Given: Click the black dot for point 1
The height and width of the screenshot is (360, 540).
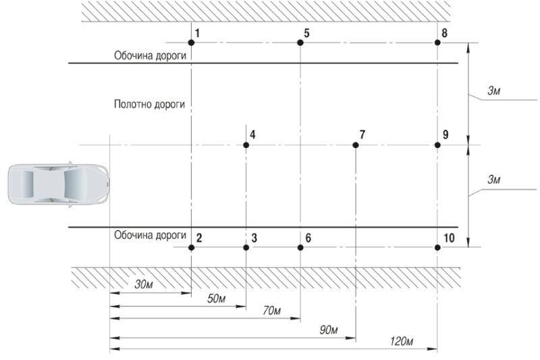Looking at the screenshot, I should click(192, 43).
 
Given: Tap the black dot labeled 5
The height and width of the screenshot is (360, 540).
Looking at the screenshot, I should click(300, 43).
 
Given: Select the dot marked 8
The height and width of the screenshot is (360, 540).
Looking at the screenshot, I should click(437, 43).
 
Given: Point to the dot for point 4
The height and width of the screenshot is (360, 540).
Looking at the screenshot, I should click(246, 145).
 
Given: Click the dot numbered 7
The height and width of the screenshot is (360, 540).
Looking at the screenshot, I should click(356, 145).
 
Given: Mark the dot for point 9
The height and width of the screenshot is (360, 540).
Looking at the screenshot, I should click(437, 145).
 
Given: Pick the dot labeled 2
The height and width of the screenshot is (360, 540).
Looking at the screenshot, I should click(192, 248).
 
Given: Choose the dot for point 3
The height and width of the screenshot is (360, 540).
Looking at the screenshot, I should click(246, 248).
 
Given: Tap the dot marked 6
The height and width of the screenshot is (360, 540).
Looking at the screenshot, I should click(300, 248).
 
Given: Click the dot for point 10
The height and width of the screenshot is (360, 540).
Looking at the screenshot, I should click(437, 248).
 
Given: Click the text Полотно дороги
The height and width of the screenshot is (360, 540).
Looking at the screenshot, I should click(149, 105).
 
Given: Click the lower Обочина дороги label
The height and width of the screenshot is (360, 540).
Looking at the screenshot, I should click(149, 235).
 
